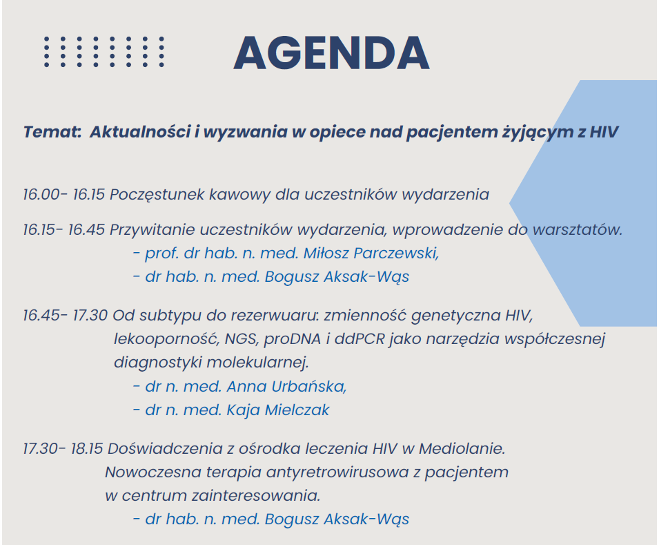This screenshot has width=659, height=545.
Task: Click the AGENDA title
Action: [x=331, y=53]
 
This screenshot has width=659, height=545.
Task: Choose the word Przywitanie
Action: [x=152, y=230]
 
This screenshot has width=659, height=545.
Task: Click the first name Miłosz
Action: [x=326, y=254]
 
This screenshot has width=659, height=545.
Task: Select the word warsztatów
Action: [x=578, y=230]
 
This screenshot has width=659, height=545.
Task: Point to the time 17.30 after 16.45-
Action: [x=90, y=316]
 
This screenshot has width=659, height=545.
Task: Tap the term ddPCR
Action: [x=360, y=339]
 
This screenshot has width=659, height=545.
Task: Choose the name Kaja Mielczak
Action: [x=278, y=410]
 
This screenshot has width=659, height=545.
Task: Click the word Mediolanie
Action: [x=462, y=448]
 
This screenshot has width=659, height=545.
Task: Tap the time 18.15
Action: [x=87, y=449]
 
